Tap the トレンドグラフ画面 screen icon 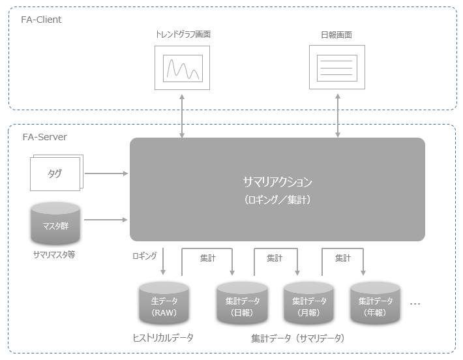[x=183, y=67]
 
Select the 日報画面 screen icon [x=337, y=67]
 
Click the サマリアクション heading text [x=277, y=182]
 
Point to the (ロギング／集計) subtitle [x=277, y=200]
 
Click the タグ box [x=55, y=174]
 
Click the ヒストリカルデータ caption [x=163, y=338]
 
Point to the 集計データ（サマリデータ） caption [x=297, y=338]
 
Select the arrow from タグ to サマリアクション [x=107, y=173]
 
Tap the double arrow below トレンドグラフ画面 [x=182, y=115]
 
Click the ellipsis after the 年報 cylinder [x=415, y=304]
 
